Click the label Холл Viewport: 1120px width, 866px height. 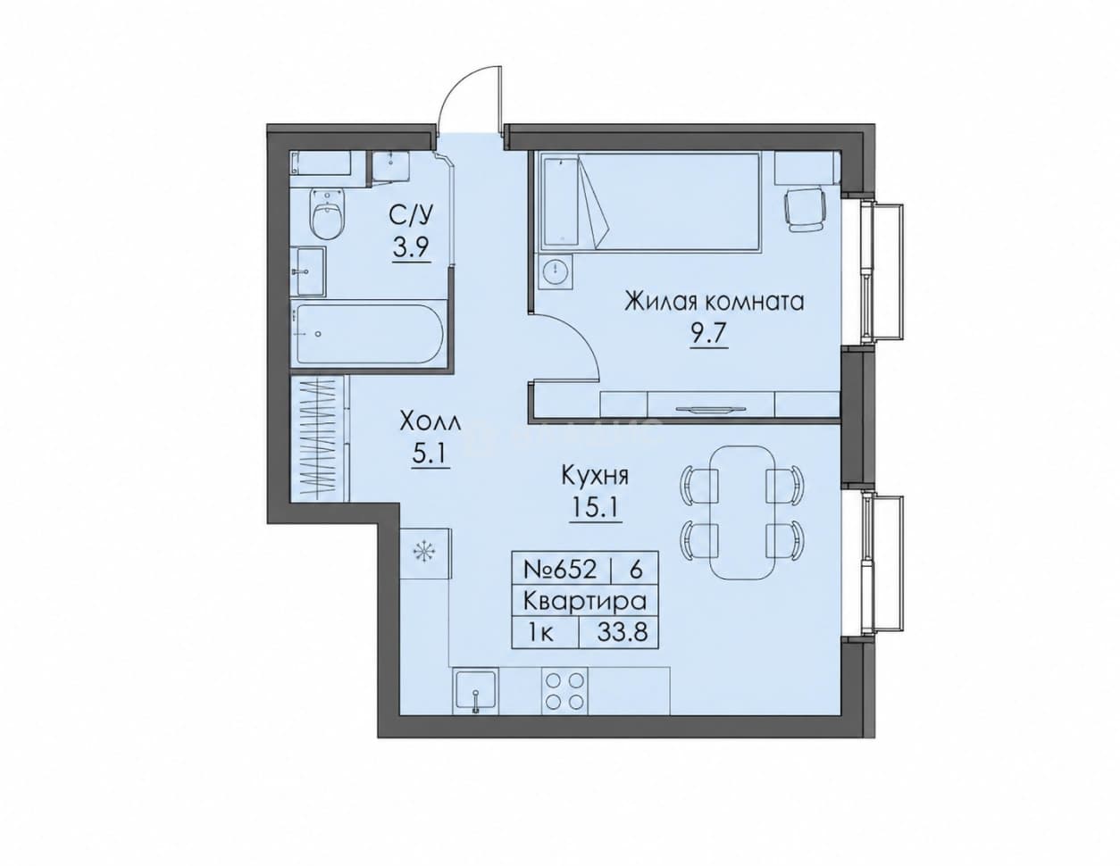[x=430, y=423]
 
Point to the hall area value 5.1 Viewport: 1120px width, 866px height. [x=430, y=454]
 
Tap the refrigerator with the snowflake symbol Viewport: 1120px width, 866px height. [x=426, y=554]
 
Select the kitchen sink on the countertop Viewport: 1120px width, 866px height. [x=476, y=691]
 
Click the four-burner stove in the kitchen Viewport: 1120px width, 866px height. [x=564, y=691]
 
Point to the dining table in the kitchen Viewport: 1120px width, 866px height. [x=742, y=520]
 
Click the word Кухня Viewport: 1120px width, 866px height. [x=595, y=475]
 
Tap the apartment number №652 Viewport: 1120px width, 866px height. [x=560, y=570]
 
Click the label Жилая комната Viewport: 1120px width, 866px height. [x=715, y=302]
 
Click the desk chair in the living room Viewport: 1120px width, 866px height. [x=804, y=210]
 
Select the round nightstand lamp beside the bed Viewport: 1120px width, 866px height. [x=556, y=270]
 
